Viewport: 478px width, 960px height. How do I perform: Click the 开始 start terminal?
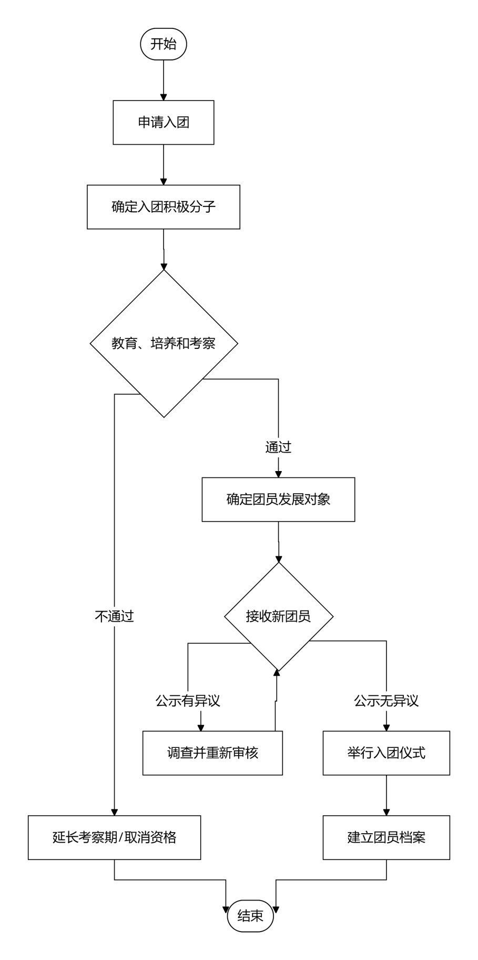(x=164, y=44)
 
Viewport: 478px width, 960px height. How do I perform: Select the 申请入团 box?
(x=164, y=123)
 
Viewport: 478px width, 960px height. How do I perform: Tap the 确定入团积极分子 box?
(x=164, y=207)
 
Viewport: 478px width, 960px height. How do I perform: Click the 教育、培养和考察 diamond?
(x=164, y=344)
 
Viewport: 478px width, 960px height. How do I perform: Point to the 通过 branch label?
(x=278, y=447)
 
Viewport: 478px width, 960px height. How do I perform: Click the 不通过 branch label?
(x=115, y=616)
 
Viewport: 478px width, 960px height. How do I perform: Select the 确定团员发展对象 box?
(x=278, y=499)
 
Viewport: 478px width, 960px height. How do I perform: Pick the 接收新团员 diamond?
(x=279, y=616)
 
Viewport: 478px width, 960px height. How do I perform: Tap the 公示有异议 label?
(x=188, y=701)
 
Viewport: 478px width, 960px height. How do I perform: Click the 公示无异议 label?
(x=387, y=701)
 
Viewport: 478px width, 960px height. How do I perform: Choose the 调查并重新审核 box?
(x=212, y=753)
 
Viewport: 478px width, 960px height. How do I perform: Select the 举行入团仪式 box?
(x=387, y=753)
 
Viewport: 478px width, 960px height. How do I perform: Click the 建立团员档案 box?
(x=387, y=837)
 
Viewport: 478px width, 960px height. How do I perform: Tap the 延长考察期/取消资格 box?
(x=115, y=837)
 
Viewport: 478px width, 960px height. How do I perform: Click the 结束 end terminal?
(x=250, y=916)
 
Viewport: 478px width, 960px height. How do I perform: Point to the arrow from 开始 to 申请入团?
(x=164, y=80)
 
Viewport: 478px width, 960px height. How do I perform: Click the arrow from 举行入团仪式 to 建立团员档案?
(x=387, y=795)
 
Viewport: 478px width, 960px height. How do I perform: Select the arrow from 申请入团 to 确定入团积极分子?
(x=164, y=165)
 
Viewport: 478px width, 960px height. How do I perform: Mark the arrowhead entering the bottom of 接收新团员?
(x=277, y=673)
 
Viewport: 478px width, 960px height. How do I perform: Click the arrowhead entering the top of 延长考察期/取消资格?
(x=115, y=812)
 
